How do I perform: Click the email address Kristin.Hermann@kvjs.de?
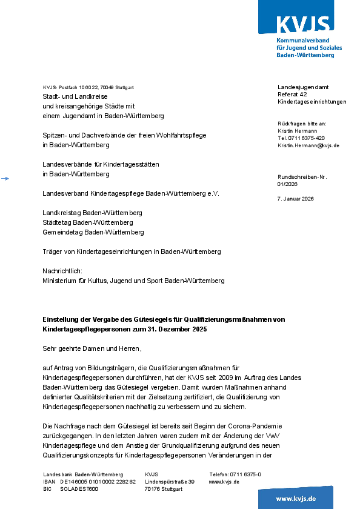308,145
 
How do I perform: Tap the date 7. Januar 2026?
296,199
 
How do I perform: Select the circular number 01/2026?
288,184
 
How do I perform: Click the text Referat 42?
292,95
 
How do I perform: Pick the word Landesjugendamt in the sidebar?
303,87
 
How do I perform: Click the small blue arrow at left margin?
5,178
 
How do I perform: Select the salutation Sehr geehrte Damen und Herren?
92,348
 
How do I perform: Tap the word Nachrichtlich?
62,271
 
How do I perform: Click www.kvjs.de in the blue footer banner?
296,498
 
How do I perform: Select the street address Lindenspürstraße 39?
170,482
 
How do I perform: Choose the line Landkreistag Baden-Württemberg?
92,213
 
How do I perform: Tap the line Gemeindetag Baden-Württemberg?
93,232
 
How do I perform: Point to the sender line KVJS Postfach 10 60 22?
88,87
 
